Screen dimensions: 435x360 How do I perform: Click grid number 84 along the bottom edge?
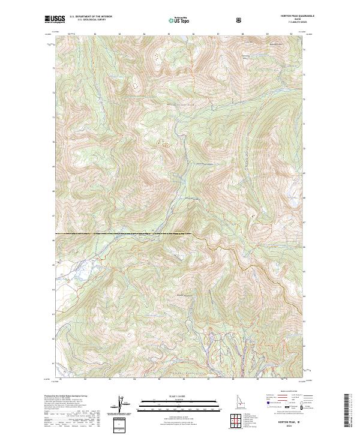(134, 379)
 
